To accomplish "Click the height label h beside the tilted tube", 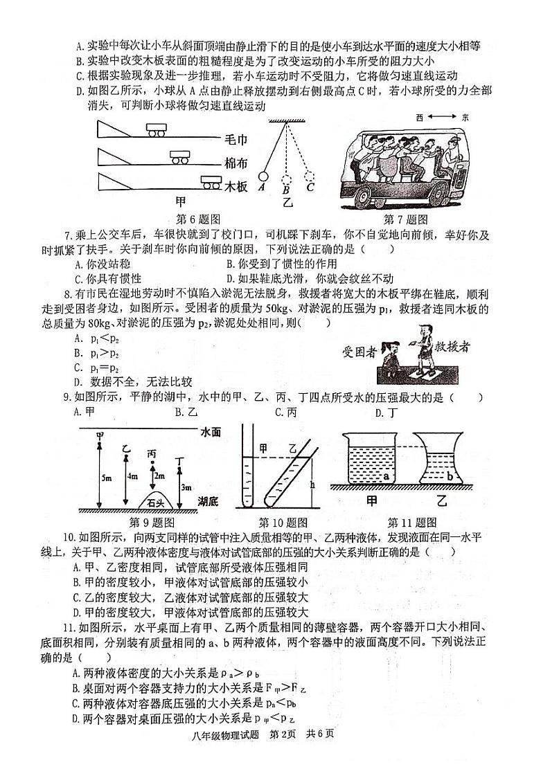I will [x=313, y=485].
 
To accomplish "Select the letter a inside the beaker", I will [x=386, y=477].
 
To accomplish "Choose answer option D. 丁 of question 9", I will [x=384, y=413].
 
